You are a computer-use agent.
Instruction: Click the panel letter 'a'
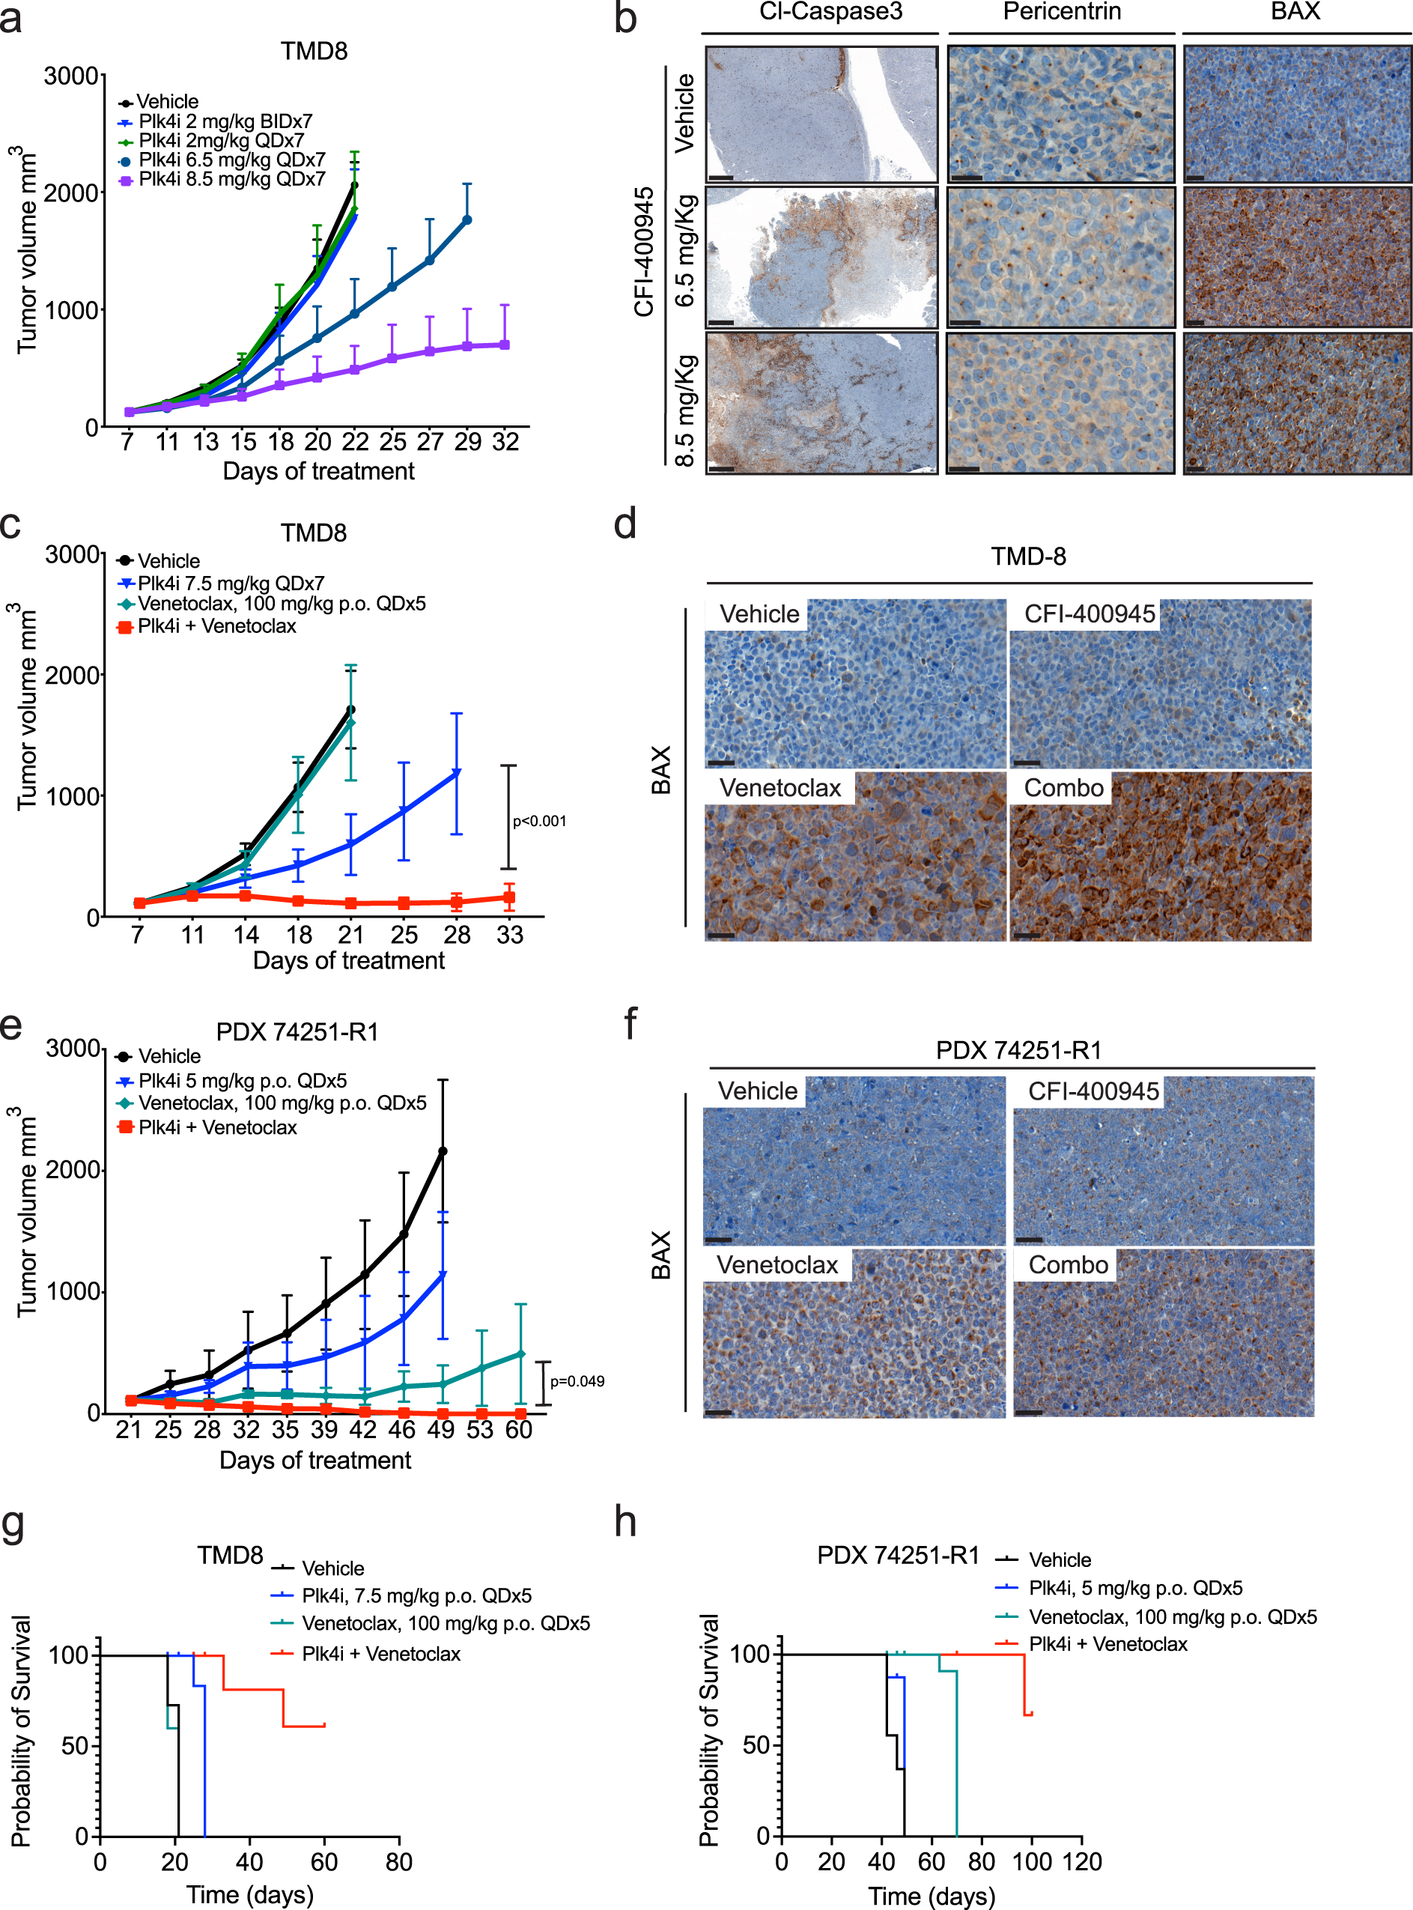tap(11, 19)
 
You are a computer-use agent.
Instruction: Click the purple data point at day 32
tap(505, 345)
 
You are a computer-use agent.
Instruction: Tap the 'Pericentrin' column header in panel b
tap(1062, 12)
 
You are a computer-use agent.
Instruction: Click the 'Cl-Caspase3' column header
tap(830, 12)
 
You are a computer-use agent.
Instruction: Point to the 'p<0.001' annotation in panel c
tap(539, 821)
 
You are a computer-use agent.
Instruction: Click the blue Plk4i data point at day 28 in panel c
tap(457, 772)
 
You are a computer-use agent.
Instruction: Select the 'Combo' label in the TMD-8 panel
tap(1063, 787)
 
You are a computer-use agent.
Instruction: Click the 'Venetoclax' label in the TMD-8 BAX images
tap(780, 787)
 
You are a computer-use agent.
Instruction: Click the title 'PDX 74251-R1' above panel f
tap(1018, 1049)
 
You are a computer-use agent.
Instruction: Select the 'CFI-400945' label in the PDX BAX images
tap(1093, 1091)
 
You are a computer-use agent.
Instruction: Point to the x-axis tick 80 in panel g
tap(398, 1861)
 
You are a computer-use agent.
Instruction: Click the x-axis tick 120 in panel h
tap(1083, 1861)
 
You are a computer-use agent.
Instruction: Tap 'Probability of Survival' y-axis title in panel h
tap(708, 1729)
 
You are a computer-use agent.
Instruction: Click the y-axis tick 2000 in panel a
tap(71, 193)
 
